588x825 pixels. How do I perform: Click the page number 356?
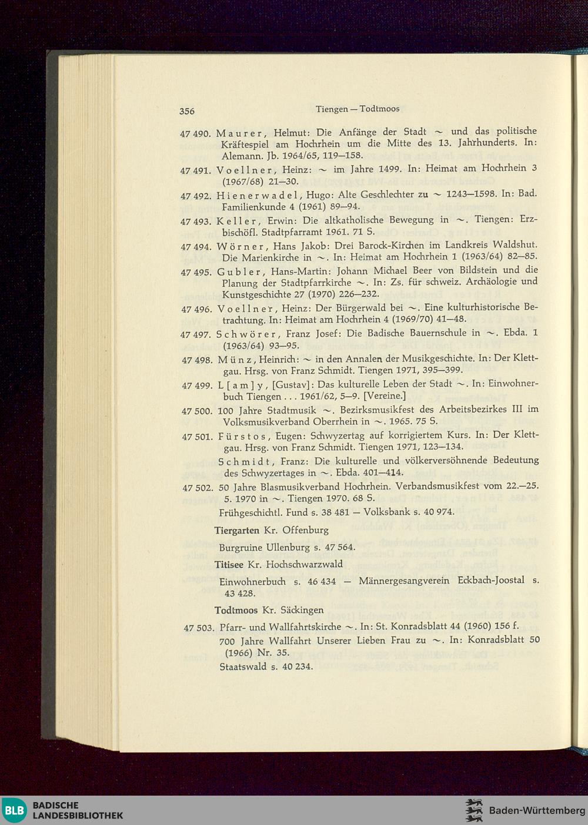pos(187,111)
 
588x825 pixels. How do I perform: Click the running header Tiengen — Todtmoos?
pos(358,109)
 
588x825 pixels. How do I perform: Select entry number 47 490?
pos(195,133)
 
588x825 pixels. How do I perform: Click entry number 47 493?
pos(195,222)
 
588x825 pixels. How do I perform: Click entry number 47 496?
pos(196,309)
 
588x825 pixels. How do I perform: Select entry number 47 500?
pos(196,411)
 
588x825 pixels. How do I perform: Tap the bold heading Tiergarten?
pos(237,531)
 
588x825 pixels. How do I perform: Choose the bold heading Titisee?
pos(229,565)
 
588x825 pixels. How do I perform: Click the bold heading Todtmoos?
pos(236,611)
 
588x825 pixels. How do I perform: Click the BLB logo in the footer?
pos(15,810)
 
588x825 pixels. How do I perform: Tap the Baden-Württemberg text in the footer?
pos(537,811)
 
